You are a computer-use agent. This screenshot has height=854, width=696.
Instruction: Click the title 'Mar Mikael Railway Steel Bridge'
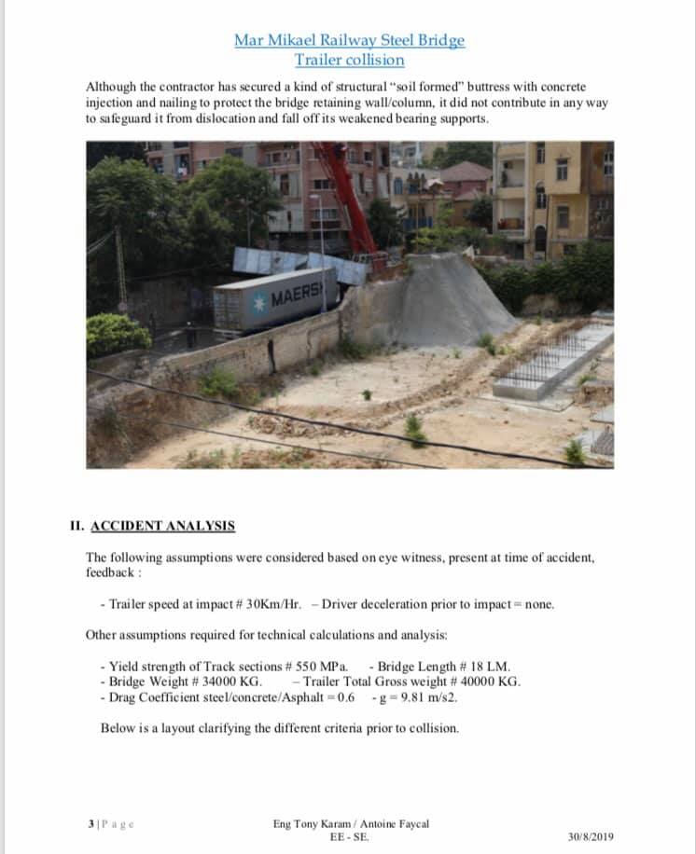[349, 40]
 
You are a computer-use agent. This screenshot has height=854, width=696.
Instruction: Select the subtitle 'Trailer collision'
[349, 60]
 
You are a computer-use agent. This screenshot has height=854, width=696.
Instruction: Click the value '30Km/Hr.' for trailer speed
[270, 603]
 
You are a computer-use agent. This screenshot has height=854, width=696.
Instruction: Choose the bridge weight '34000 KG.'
[229, 682]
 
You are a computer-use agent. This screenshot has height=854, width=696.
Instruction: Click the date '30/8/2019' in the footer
[591, 836]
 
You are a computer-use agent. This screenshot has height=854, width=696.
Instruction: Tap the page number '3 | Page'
[111, 823]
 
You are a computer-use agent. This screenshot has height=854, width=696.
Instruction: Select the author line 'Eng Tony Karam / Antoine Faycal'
[351, 823]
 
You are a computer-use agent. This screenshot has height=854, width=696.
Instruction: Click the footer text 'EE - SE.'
[349, 836]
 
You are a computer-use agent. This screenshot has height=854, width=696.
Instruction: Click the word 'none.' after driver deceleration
[539, 603]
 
